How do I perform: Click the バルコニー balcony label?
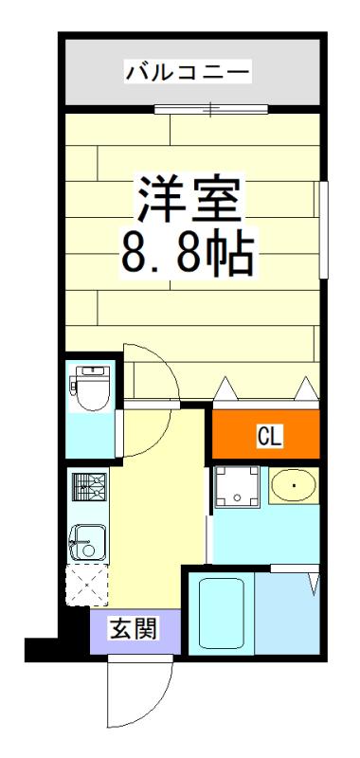(188, 73)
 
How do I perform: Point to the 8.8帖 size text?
(188, 254)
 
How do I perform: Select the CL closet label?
(270, 436)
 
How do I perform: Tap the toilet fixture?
(90, 388)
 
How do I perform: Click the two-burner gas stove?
(88, 487)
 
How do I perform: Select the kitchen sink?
(88, 543)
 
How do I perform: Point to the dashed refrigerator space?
(87, 585)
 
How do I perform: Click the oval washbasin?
(294, 486)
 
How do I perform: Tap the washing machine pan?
(237, 486)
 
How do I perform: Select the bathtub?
(222, 612)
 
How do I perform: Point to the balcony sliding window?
(211, 109)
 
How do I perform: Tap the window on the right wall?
(324, 229)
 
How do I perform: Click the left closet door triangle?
(225, 389)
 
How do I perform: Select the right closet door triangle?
(306, 388)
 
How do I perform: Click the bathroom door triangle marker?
(314, 584)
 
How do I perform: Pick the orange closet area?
(266, 435)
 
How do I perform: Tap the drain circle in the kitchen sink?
(88, 550)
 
